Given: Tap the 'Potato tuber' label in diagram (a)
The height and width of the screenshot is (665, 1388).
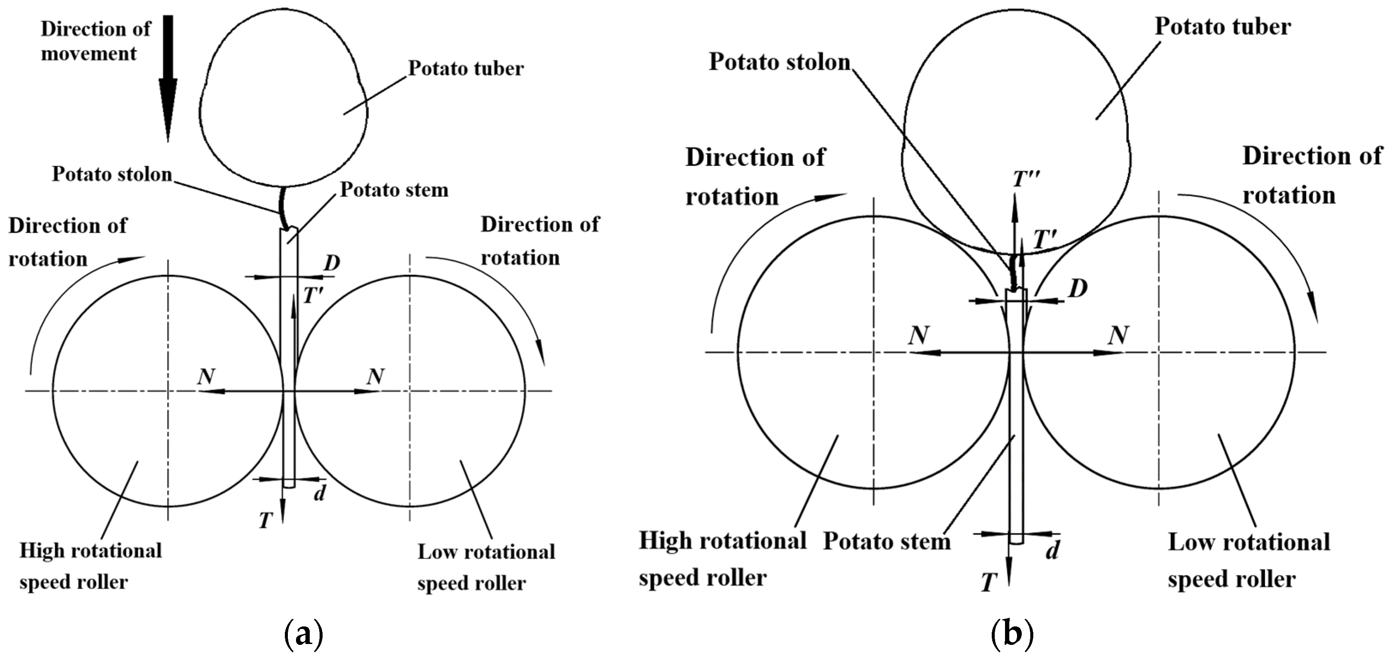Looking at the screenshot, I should tap(466, 69).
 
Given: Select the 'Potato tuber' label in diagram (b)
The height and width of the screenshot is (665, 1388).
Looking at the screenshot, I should tap(1223, 27).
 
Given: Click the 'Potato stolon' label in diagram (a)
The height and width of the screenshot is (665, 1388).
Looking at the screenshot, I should tap(111, 174).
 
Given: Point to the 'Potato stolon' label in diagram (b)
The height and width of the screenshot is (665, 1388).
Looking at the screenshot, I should tap(779, 62).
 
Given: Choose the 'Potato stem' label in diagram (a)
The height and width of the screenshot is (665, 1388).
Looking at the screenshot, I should tap(394, 190).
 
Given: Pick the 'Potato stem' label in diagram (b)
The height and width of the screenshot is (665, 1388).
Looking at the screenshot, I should tap(887, 542).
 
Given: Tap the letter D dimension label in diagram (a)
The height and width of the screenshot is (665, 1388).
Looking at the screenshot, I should tap(332, 263).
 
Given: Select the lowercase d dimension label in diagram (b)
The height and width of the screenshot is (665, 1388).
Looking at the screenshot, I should tap(1052, 550).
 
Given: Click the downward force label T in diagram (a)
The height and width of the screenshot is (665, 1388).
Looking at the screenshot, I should tap(265, 521).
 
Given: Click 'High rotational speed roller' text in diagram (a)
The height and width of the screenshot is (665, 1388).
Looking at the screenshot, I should tap(90, 566).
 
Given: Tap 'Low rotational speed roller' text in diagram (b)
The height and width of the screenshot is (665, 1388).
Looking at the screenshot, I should tap(1248, 560).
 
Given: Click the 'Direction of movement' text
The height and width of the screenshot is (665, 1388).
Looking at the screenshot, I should tap(96, 41).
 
